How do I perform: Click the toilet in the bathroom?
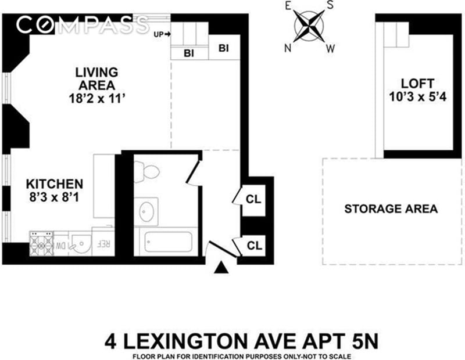pyautogui.click(x=146, y=171)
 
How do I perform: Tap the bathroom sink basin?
pyautogui.click(x=146, y=211)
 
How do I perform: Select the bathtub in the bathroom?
pyautogui.click(x=169, y=242)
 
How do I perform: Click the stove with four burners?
pyautogui.click(x=41, y=243)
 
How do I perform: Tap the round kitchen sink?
pyautogui.click(x=80, y=244)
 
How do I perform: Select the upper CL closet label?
pyautogui.click(x=253, y=199)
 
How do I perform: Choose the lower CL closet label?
pyautogui.click(x=255, y=246)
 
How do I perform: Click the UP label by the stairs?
pyautogui.click(x=159, y=34)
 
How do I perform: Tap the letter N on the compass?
pyautogui.click(x=287, y=48)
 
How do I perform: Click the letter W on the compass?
pyautogui.click(x=330, y=49)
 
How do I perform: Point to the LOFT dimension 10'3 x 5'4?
pyautogui.click(x=417, y=96)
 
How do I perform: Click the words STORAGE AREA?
pyautogui.click(x=391, y=209)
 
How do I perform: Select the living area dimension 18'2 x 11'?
pyautogui.click(x=96, y=98)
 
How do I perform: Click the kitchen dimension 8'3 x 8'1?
pyautogui.click(x=54, y=197)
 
